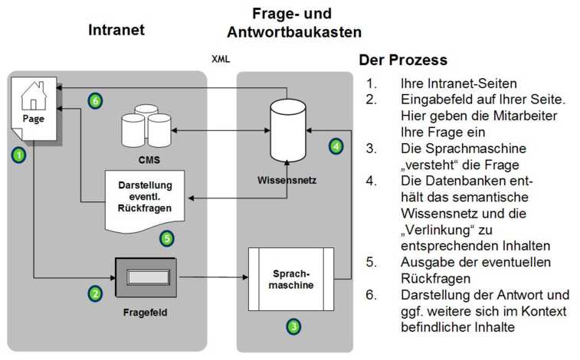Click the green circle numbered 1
coord(18,155)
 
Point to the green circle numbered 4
coord(336,146)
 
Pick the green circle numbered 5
coord(168,238)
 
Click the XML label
coord(220,58)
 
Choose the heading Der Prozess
coord(403,60)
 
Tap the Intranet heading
coord(116,30)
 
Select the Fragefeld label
coord(146,313)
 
